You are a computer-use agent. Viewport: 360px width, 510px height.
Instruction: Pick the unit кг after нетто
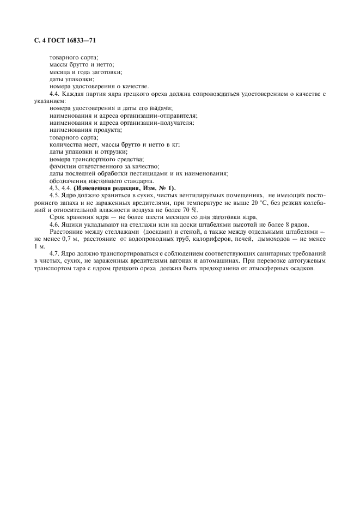(175, 144)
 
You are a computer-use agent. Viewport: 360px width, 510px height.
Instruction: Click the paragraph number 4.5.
(54, 195)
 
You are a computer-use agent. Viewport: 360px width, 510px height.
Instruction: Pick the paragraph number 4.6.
(54, 224)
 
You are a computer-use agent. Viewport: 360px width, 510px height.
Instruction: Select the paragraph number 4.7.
(54, 253)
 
